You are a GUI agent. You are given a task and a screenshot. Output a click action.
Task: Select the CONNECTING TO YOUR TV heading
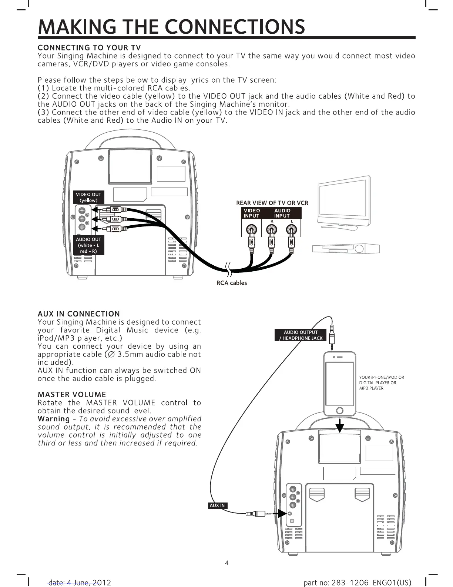pyautogui.click(x=89, y=47)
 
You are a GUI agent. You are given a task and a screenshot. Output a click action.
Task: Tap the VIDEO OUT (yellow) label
pyautogui.click(x=88, y=197)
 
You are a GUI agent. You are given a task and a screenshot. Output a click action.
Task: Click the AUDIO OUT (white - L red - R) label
pyautogui.click(x=88, y=245)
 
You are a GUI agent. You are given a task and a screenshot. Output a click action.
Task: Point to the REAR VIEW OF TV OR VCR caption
pyautogui.click(x=272, y=203)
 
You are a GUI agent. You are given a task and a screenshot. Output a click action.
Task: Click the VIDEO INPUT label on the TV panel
pyautogui.click(x=252, y=213)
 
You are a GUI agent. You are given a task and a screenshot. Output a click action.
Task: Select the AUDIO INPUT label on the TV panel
pyautogui.click(x=282, y=213)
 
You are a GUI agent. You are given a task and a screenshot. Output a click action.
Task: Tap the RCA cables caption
pyautogui.click(x=231, y=283)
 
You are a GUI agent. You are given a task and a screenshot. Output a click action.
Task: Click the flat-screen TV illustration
pyautogui.click(x=344, y=202)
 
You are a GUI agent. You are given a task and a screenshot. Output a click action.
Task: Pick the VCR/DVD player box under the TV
pyautogui.click(x=346, y=248)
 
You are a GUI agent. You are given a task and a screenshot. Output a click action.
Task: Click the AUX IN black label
pyautogui.click(x=217, y=505)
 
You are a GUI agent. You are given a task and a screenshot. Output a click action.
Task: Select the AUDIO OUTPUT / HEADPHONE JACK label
pyautogui.click(x=301, y=335)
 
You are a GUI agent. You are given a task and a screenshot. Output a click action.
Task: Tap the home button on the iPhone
pyautogui.click(x=339, y=411)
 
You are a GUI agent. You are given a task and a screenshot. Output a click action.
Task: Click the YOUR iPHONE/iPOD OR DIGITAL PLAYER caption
pyautogui.click(x=381, y=383)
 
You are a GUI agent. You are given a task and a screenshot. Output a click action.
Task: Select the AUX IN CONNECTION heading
pyautogui.click(x=78, y=314)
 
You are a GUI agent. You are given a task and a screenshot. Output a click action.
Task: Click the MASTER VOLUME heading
pyautogui.click(x=72, y=394)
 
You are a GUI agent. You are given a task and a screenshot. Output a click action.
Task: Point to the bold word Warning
pyautogui.click(x=54, y=419)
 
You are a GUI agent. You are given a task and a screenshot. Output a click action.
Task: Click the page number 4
pyautogui.click(x=227, y=563)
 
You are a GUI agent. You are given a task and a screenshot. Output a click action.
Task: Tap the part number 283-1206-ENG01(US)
pyautogui.click(x=357, y=583)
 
